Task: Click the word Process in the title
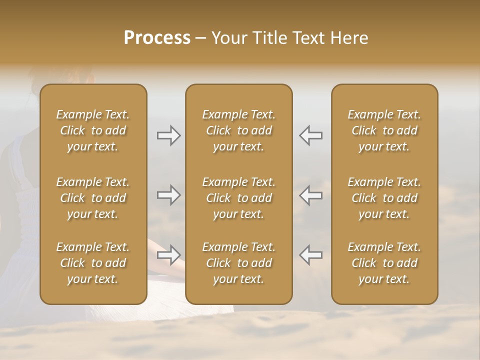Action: (157, 38)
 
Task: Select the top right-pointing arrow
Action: (169, 135)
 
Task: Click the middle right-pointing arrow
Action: (169, 195)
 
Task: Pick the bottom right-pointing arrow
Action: (169, 255)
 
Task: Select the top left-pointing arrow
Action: (310, 135)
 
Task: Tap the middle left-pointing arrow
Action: (310, 195)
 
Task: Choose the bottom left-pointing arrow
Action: (310, 255)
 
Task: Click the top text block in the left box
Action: (93, 130)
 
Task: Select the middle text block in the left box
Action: (93, 198)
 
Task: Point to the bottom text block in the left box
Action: (93, 263)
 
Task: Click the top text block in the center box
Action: (238, 130)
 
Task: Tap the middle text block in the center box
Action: (238, 198)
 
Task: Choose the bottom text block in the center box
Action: (238, 263)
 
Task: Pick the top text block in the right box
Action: (384, 130)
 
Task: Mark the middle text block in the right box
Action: (384, 198)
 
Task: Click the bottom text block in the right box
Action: (384, 263)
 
